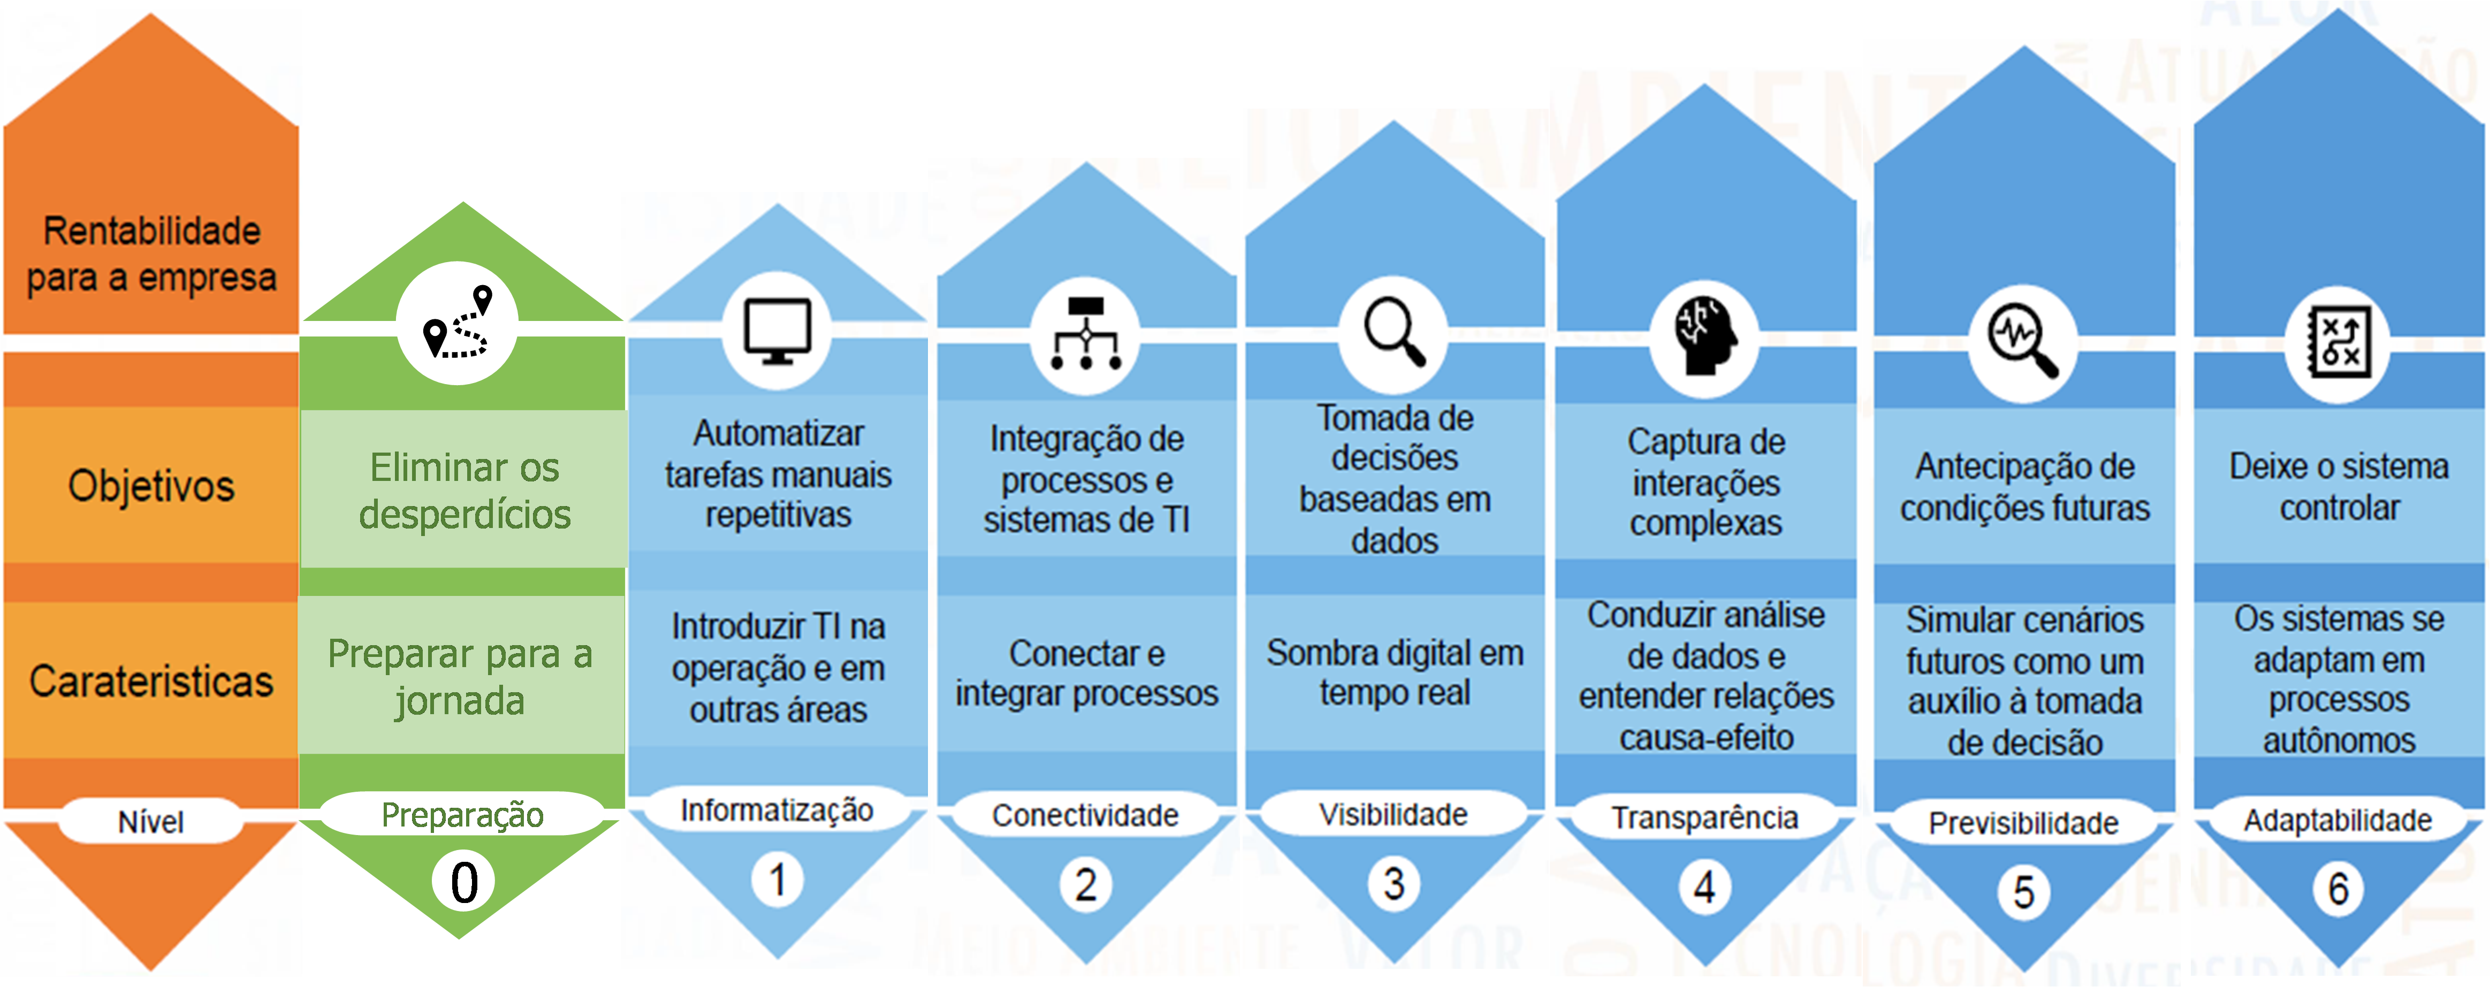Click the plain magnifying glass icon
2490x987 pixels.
point(1393,333)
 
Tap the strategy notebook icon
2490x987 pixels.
point(2337,344)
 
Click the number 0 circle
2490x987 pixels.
point(464,882)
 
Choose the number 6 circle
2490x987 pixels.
point(2337,887)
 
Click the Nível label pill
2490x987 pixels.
point(151,822)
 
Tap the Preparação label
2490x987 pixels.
point(462,815)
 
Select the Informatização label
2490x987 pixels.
point(777,810)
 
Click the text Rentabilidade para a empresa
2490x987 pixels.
point(152,254)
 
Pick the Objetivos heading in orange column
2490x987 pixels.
point(152,485)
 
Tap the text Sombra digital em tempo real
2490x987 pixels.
point(1394,673)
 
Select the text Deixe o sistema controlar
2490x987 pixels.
point(2338,486)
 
